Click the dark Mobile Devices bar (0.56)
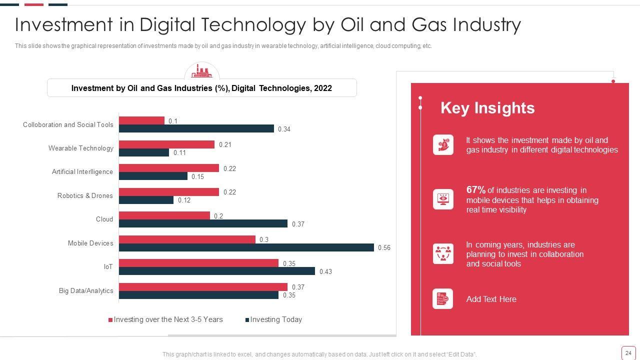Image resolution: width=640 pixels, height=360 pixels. [246, 247]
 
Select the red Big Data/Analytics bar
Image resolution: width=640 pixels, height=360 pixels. [203, 287]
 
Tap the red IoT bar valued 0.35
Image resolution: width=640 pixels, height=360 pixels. [198, 263]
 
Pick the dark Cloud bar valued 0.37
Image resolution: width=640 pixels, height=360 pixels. [203, 223]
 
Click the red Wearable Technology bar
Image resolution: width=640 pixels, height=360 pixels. [166, 144]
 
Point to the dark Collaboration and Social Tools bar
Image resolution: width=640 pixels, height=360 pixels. [196, 128]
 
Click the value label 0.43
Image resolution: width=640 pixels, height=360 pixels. [325, 271]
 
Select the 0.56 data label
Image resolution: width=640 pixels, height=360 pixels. [384, 247]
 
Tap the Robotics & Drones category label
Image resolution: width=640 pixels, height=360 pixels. [85, 195]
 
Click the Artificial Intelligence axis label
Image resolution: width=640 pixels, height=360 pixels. [82, 171]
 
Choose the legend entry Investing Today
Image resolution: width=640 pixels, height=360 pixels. [275, 319]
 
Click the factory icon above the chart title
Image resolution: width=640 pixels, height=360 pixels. [201, 71]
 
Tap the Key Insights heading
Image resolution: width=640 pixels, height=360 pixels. [487, 108]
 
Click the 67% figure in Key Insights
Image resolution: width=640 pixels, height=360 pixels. [475, 190]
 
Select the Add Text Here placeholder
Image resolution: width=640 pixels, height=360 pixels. [491, 299]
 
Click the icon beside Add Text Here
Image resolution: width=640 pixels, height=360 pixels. [443, 299]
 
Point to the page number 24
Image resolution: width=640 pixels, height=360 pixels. [628, 353]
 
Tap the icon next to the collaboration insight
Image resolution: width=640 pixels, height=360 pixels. [443, 254]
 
